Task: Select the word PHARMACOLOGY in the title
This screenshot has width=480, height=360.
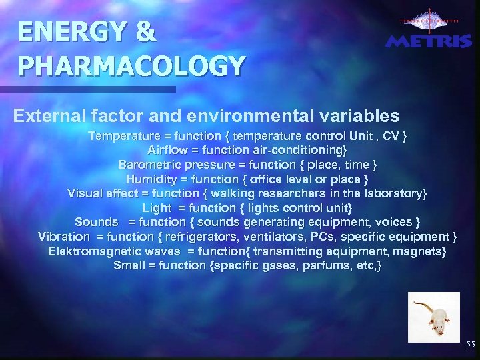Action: pos(132,66)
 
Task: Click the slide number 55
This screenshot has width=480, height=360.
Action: pos(471,345)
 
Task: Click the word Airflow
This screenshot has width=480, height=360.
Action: pos(168,150)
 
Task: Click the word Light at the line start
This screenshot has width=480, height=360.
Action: pos(156,207)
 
